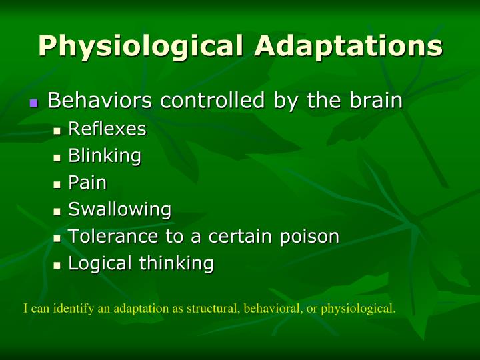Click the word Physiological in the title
click(142, 46)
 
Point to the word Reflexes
click(107, 129)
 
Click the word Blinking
click(105, 156)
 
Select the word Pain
click(87, 183)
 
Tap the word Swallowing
click(120, 209)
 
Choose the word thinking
click(176, 263)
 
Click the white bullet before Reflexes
click(57, 131)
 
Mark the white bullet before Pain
click(57, 185)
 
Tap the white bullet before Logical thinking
click(57, 265)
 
